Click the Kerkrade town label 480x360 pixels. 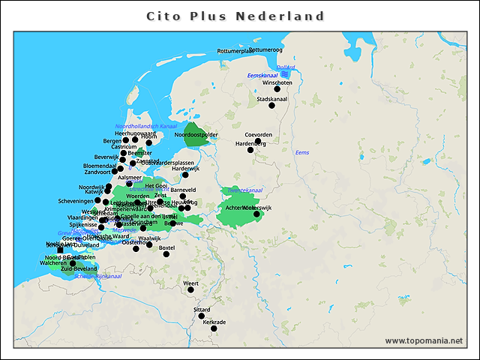pyautogui.click(x=214, y=322)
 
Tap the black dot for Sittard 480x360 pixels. pyautogui.click(x=202, y=316)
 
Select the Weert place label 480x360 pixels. pyautogui.click(x=191, y=283)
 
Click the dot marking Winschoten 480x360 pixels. pyautogui.click(x=277, y=89)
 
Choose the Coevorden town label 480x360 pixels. pyautogui.click(x=268, y=135)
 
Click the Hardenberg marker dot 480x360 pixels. pyautogui.click(x=252, y=149)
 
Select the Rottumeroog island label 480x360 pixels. pyautogui.click(x=265, y=49)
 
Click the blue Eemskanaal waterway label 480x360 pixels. pyautogui.click(x=262, y=76)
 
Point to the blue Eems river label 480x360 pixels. pyautogui.click(x=302, y=153)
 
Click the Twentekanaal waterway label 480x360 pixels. pyautogui.click(x=246, y=190)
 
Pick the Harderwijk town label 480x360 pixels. pyautogui.click(x=186, y=169)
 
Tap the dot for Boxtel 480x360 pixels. pyautogui.click(x=166, y=253)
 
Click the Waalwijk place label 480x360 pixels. pyautogui.click(x=150, y=238)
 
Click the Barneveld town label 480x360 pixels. pyautogui.click(x=183, y=190)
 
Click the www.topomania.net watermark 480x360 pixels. pyautogui.click(x=424, y=340)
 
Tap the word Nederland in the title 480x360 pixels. pyautogui.click(x=280, y=16)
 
